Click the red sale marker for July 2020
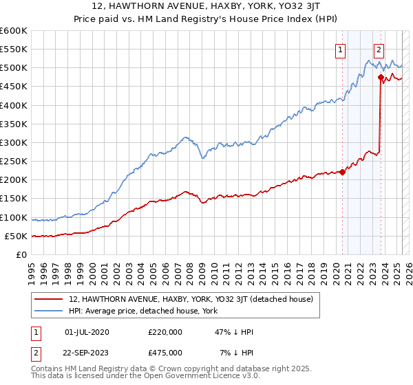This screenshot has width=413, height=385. [x=343, y=172]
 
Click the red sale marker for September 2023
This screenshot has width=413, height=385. [x=381, y=78]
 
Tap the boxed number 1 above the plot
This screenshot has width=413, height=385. [x=341, y=49]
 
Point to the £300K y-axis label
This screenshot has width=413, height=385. [x=14, y=142]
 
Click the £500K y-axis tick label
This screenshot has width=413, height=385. [x=14, y=68]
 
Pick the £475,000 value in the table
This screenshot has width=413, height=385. [x=165, y=353]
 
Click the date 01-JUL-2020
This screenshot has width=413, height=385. [x=87, y=332]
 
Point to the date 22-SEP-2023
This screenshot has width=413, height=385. [x=87, y=353]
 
